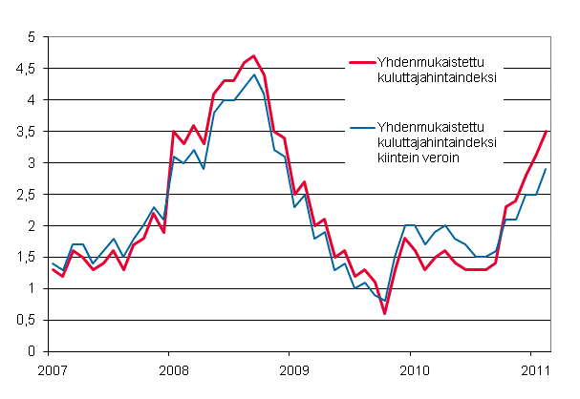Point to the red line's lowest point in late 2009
(x=384, y=313)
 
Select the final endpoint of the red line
(x=545, y=132)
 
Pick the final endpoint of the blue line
(x=545, y=169)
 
